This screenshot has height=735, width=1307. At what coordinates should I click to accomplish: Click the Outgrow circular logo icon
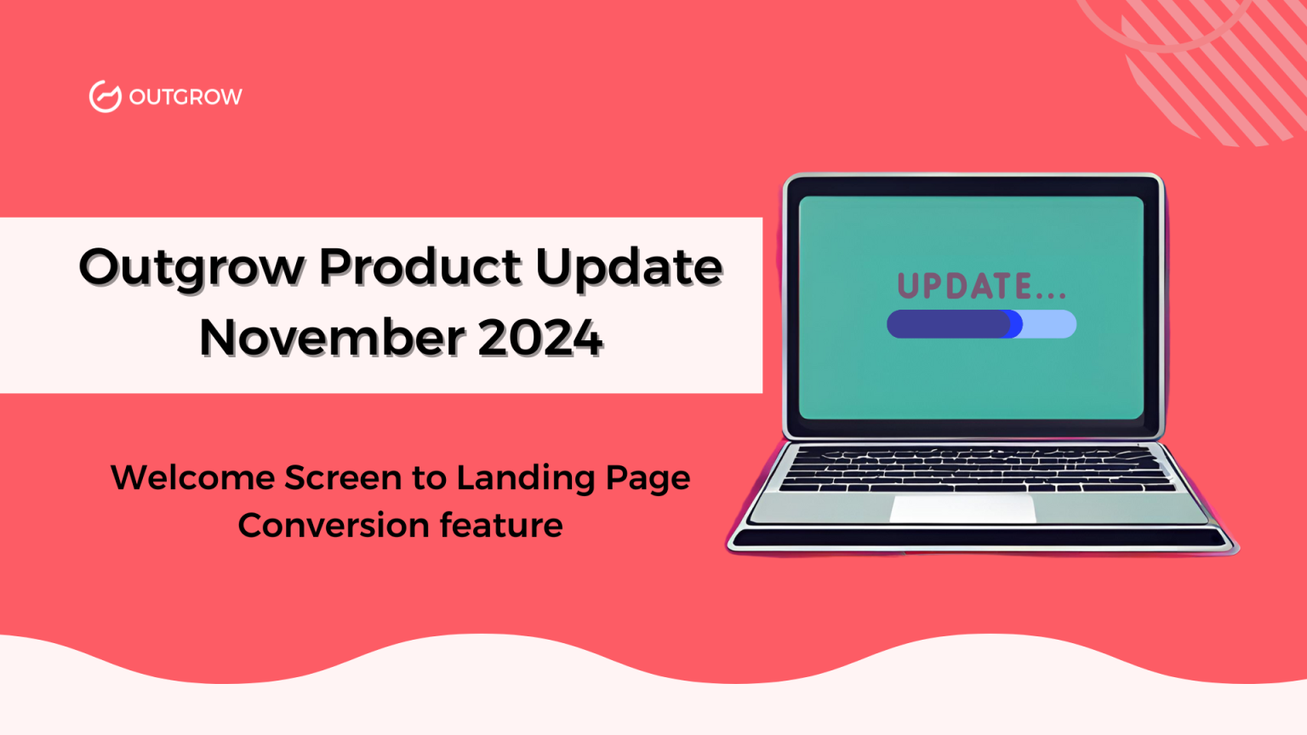[105, 96]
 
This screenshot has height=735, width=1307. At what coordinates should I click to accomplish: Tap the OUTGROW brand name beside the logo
[185, 97]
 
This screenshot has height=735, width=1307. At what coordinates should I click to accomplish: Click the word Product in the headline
[419, 266]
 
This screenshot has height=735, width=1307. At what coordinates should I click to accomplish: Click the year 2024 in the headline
[539, 338]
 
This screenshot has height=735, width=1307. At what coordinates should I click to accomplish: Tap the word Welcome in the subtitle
[192, 477]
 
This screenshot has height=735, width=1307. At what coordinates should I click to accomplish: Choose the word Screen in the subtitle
[343, 477]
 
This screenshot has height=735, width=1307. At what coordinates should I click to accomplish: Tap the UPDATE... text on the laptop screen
[982, 286]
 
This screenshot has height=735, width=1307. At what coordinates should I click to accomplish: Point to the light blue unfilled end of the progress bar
[1049, 324]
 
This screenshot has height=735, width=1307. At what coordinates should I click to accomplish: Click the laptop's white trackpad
[962, 509]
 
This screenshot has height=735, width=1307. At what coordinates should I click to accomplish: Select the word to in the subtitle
[430, 478]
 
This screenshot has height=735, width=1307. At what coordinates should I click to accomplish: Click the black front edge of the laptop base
[980, 538]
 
